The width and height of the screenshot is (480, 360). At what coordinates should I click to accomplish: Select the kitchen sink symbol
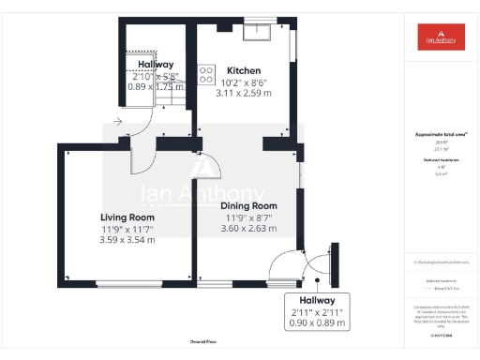coord(255,32)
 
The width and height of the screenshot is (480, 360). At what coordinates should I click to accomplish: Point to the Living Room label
coord(127,217)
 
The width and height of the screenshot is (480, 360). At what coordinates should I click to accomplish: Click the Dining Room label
coord(248,205)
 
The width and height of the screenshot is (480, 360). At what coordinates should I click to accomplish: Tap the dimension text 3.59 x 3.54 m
coord(127,240)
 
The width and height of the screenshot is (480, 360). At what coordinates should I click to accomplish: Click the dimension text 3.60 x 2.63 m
coord(248,228)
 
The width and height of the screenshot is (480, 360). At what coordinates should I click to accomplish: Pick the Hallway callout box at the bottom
coord(316,311)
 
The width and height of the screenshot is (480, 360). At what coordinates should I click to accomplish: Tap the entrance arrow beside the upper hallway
coord(116,121)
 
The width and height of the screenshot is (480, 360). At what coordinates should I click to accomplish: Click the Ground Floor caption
coord(203,343)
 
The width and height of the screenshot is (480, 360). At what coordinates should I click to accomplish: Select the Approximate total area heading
coord(441,134)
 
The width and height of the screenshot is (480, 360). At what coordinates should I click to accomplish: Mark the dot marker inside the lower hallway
coord(319,278)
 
